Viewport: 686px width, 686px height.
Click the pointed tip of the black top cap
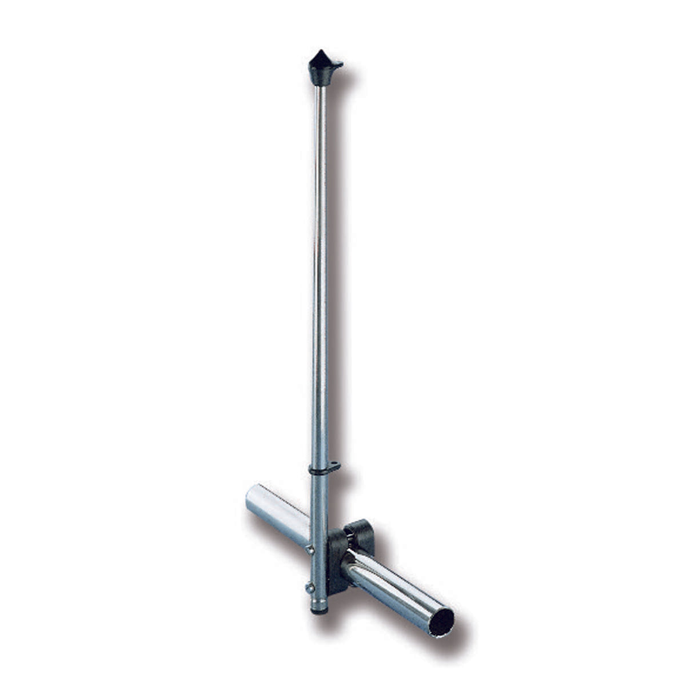(x=318, y=52)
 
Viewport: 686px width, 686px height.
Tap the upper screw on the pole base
(x=310, y=550)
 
